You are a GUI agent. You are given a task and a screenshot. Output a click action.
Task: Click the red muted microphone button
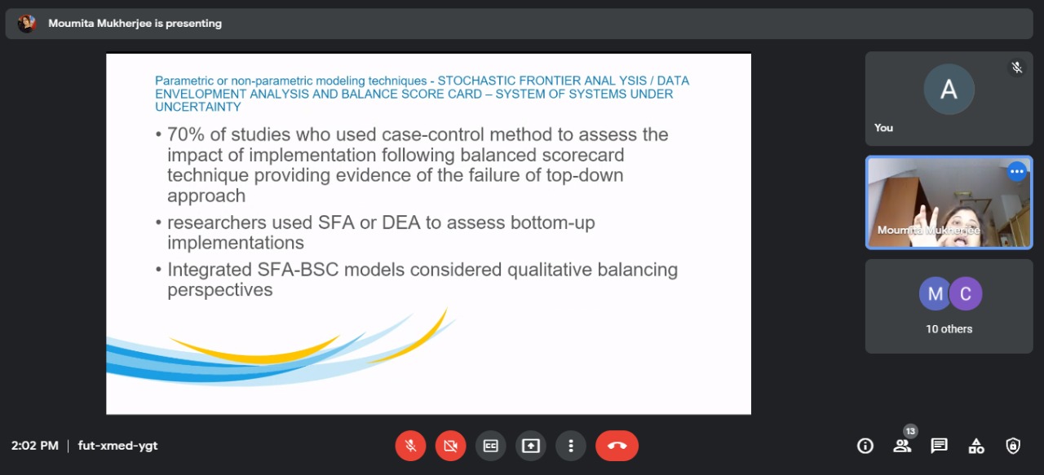click(x=410, y=446)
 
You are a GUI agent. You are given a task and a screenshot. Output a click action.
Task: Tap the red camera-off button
click(x=450, y=446)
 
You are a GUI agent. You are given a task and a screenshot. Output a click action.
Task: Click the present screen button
click(x=530, y=446)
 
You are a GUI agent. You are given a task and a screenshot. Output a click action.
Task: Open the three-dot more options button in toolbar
click(x=570, y=446)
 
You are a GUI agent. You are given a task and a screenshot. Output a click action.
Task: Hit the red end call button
click(x=617, y=446)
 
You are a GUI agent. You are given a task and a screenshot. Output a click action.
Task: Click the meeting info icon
click(x=865, y=446)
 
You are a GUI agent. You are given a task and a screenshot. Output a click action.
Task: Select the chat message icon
click(x=939, y=446)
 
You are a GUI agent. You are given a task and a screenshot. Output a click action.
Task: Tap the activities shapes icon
click(x=976, y=446)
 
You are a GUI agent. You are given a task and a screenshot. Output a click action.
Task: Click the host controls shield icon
click(x=1013, y=446)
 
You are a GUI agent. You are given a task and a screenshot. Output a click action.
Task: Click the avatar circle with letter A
click(x=949, y=89)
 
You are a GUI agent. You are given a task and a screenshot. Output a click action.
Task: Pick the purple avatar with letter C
click(x=966, y=294)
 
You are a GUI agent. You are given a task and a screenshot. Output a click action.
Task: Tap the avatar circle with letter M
click(x=935, y=294)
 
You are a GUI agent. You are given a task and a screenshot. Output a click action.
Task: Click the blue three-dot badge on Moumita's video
click(x=1016, y=171)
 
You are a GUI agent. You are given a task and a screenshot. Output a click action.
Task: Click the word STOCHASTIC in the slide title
click(x=476, y=81)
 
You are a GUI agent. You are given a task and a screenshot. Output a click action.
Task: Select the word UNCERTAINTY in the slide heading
click(x=198, y=107)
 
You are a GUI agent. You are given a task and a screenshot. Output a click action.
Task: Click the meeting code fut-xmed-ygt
click(x=118, y=446)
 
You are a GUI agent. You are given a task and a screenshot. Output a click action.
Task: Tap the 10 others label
click(x=949, y=329)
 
